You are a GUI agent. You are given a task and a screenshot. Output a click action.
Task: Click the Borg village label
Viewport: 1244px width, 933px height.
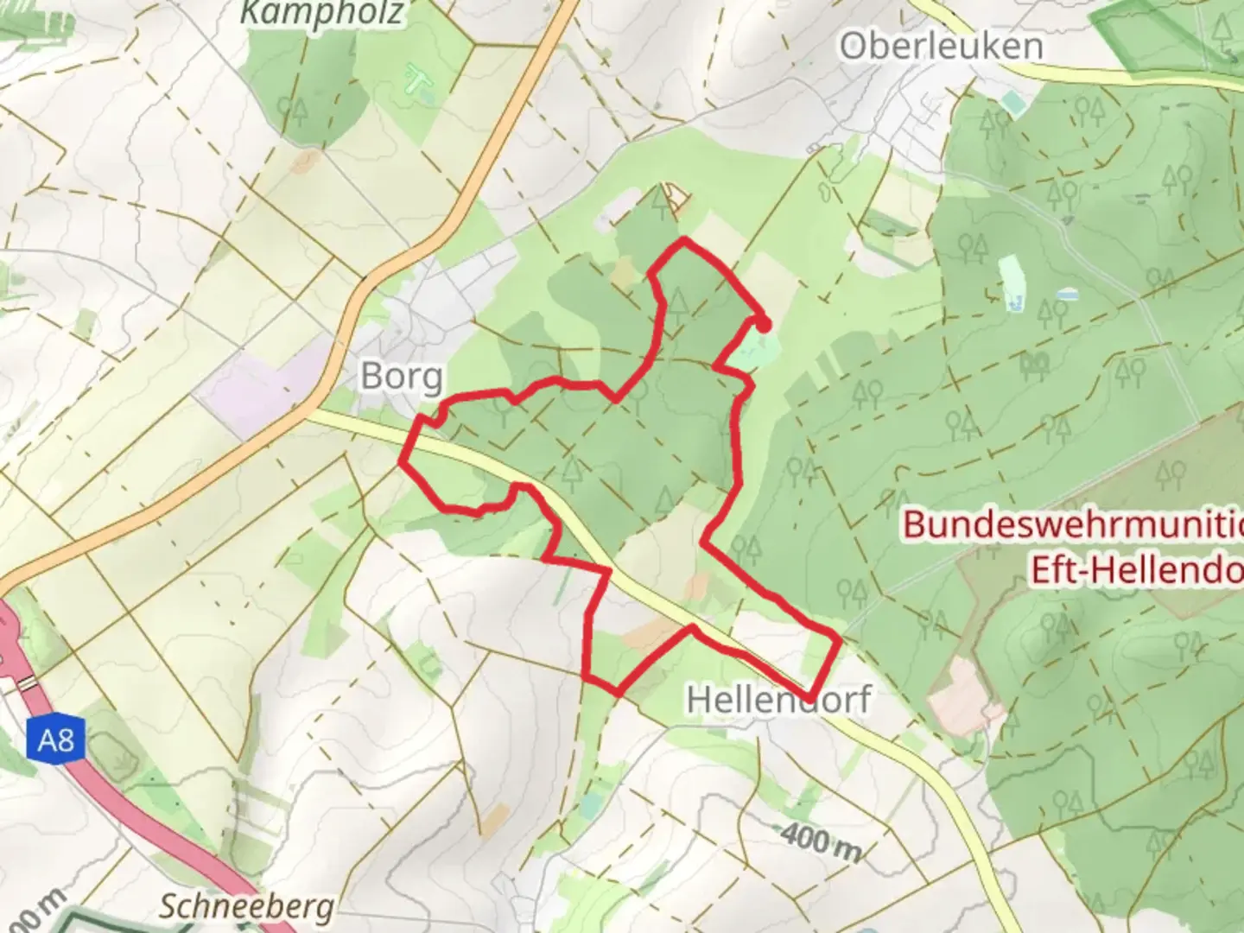[x=403, y=376]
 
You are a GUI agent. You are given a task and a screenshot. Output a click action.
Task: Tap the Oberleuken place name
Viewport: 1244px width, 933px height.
[x=941, y=46]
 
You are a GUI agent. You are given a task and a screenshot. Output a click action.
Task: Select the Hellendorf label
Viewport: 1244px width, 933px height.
[x=778, y=699]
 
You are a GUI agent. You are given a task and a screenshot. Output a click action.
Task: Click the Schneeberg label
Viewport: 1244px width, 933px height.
[x=247, y=907]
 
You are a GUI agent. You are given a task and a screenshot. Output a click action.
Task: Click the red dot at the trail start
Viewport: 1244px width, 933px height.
[x=764, y=324]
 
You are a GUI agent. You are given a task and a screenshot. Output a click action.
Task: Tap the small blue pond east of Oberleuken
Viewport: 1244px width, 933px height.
[x=1068, y=295]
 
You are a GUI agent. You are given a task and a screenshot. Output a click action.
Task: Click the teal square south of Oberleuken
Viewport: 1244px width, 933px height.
[x=1012, y=105]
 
